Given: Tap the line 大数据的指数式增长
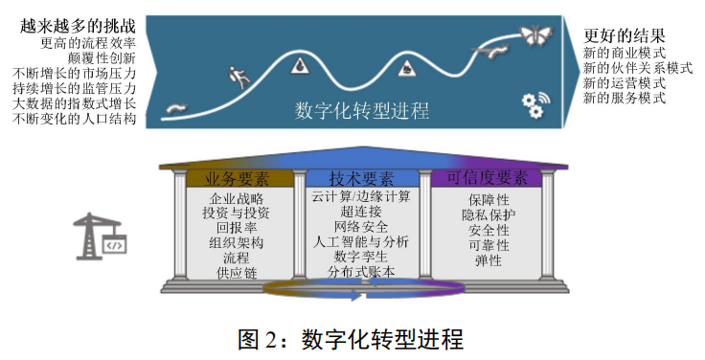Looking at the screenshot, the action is (x=75, y=103).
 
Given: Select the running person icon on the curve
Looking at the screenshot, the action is (x=235, y=73).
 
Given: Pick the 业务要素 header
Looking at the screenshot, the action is (x=236, y=178).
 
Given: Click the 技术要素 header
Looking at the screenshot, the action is (x=360, y=178).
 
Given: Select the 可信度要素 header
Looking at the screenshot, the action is (x=487, y=178).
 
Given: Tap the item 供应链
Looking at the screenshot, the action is (x=236, y=273).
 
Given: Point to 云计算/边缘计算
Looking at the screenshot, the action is (x=360, y=196).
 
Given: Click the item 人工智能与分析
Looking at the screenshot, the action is (x=360, y=242).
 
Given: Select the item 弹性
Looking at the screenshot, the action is (x=488, y=261).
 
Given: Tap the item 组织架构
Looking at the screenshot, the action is (x=236, y=243).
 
